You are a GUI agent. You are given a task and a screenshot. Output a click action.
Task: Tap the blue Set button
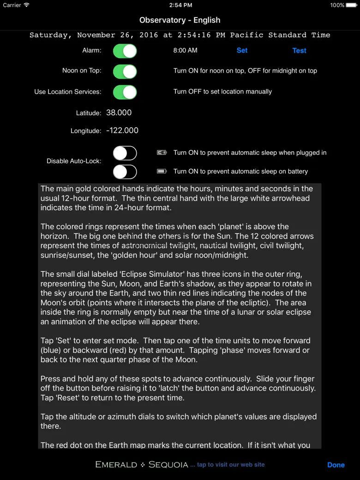click(x=242, y=50)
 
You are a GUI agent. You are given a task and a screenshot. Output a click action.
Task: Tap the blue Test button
click(x=299, y=51)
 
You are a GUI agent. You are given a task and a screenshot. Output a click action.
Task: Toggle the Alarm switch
click(x=125, y=51)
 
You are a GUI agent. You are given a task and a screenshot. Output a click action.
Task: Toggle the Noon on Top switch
click(x=125, y=71)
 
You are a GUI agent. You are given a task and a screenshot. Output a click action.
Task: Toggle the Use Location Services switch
click(x=125, y=92)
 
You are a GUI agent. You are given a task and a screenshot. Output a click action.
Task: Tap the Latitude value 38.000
click(x=119, y=113)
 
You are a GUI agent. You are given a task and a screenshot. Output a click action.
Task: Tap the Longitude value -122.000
click(x=122, y=130)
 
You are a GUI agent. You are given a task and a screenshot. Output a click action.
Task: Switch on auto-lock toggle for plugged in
click(x=125, y=153)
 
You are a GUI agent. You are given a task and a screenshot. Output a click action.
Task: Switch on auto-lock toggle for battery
click(x=125, y=172)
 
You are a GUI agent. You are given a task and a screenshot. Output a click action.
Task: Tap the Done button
click(x=336, y=465)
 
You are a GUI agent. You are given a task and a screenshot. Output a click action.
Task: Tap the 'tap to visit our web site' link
click(x=231, y=464)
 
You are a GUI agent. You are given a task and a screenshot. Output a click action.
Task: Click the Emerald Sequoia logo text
click(x=141, y=464)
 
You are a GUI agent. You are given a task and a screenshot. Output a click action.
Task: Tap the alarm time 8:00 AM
click(x=185, y=50)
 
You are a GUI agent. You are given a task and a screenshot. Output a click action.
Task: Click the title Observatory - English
click(x=180, y=20)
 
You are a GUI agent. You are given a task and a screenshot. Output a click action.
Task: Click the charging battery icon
click(x=162, y=153)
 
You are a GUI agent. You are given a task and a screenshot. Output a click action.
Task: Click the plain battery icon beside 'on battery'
click(x=162, y=171)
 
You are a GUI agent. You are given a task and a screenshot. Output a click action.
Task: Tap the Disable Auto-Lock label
click(x=74, y=161)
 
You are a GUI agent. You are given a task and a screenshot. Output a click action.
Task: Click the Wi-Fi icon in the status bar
click(x=26, y=5)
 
